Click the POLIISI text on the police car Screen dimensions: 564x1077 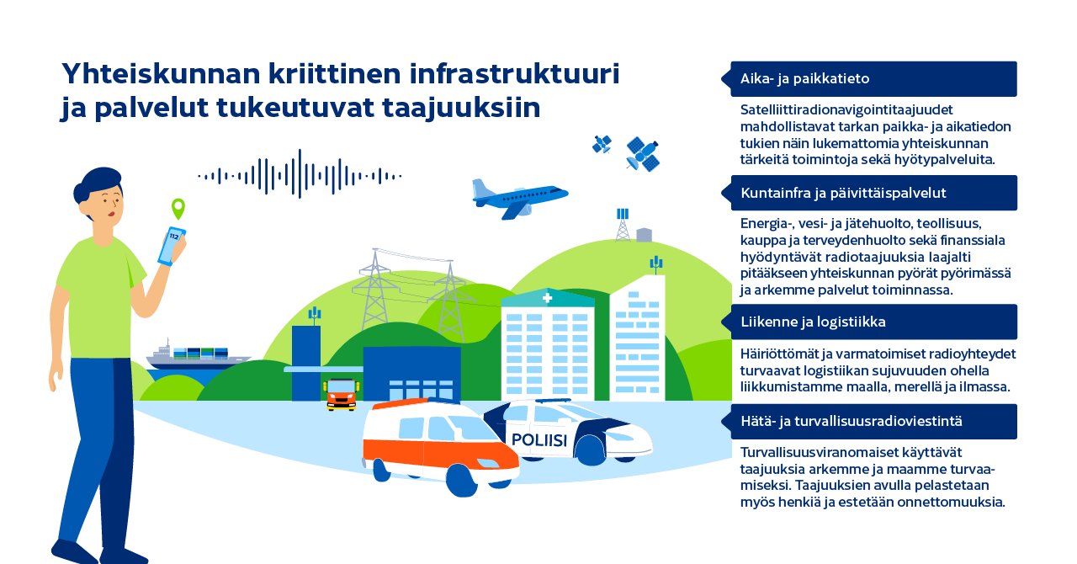pyautogui.click(x=538, y=440)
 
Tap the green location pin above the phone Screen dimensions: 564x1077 pyautogui.click(x=178, y=207)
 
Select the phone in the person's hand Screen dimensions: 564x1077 pyautogui.click(x=172, y=245)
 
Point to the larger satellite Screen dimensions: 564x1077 pyautogui.click(x=642, y=153)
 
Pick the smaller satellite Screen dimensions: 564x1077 pyautogui.click(x=602, y=144)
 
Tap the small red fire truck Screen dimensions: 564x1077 pyautogui.click(x=342, y=393)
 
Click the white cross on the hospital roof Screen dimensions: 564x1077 pyautogui.click(x=548, y=298)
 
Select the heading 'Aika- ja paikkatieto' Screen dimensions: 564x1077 pyautogui.click(x=804, y=79)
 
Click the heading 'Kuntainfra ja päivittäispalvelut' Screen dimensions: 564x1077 pyautogui.click(x=843, y=193)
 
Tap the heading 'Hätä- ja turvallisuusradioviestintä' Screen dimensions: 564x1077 pyautogui.click(x=852, y=421)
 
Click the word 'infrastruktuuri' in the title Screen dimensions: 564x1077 pyautogui.click(x=514, y=74)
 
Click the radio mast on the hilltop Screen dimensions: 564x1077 pyautogui.click(x=623, y=224)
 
